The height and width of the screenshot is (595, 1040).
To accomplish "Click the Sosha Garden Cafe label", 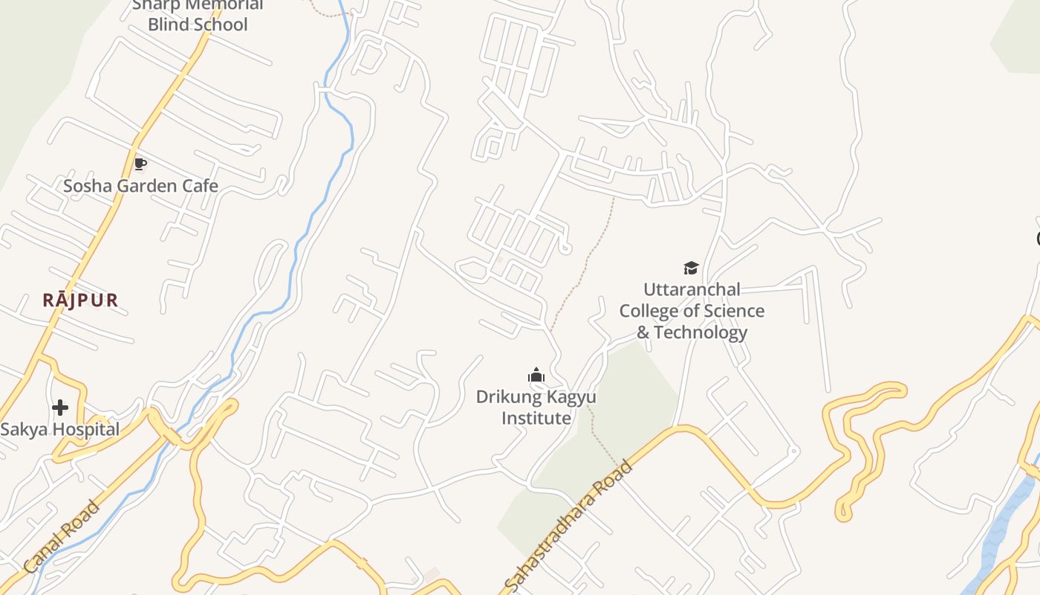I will (x=140, y=186).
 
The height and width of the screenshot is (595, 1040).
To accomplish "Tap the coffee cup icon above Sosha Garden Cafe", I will (x=140, y=164).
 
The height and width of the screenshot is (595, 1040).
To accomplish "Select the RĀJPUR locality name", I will (x=80, y=300).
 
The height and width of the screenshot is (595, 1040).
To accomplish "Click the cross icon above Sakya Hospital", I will (x=60, y=408).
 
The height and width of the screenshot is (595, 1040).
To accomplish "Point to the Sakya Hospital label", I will (x=59, y=429).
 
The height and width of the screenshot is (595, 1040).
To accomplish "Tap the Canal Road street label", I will (x=62, y=537).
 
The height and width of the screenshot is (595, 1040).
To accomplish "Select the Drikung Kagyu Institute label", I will (x=536, y=408).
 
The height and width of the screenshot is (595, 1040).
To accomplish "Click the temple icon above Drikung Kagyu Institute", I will (x=536, y=376).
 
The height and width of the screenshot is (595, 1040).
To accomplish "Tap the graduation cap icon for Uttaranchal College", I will (x=692, y=268).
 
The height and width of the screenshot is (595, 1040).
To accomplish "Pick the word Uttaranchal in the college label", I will (x=692, y=289).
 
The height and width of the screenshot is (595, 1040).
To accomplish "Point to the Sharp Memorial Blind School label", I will (x=197, y=15).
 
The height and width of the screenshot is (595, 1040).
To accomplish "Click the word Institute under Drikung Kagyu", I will (x=536, y=418).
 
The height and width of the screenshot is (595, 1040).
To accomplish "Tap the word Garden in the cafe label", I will (x=140, y=186).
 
